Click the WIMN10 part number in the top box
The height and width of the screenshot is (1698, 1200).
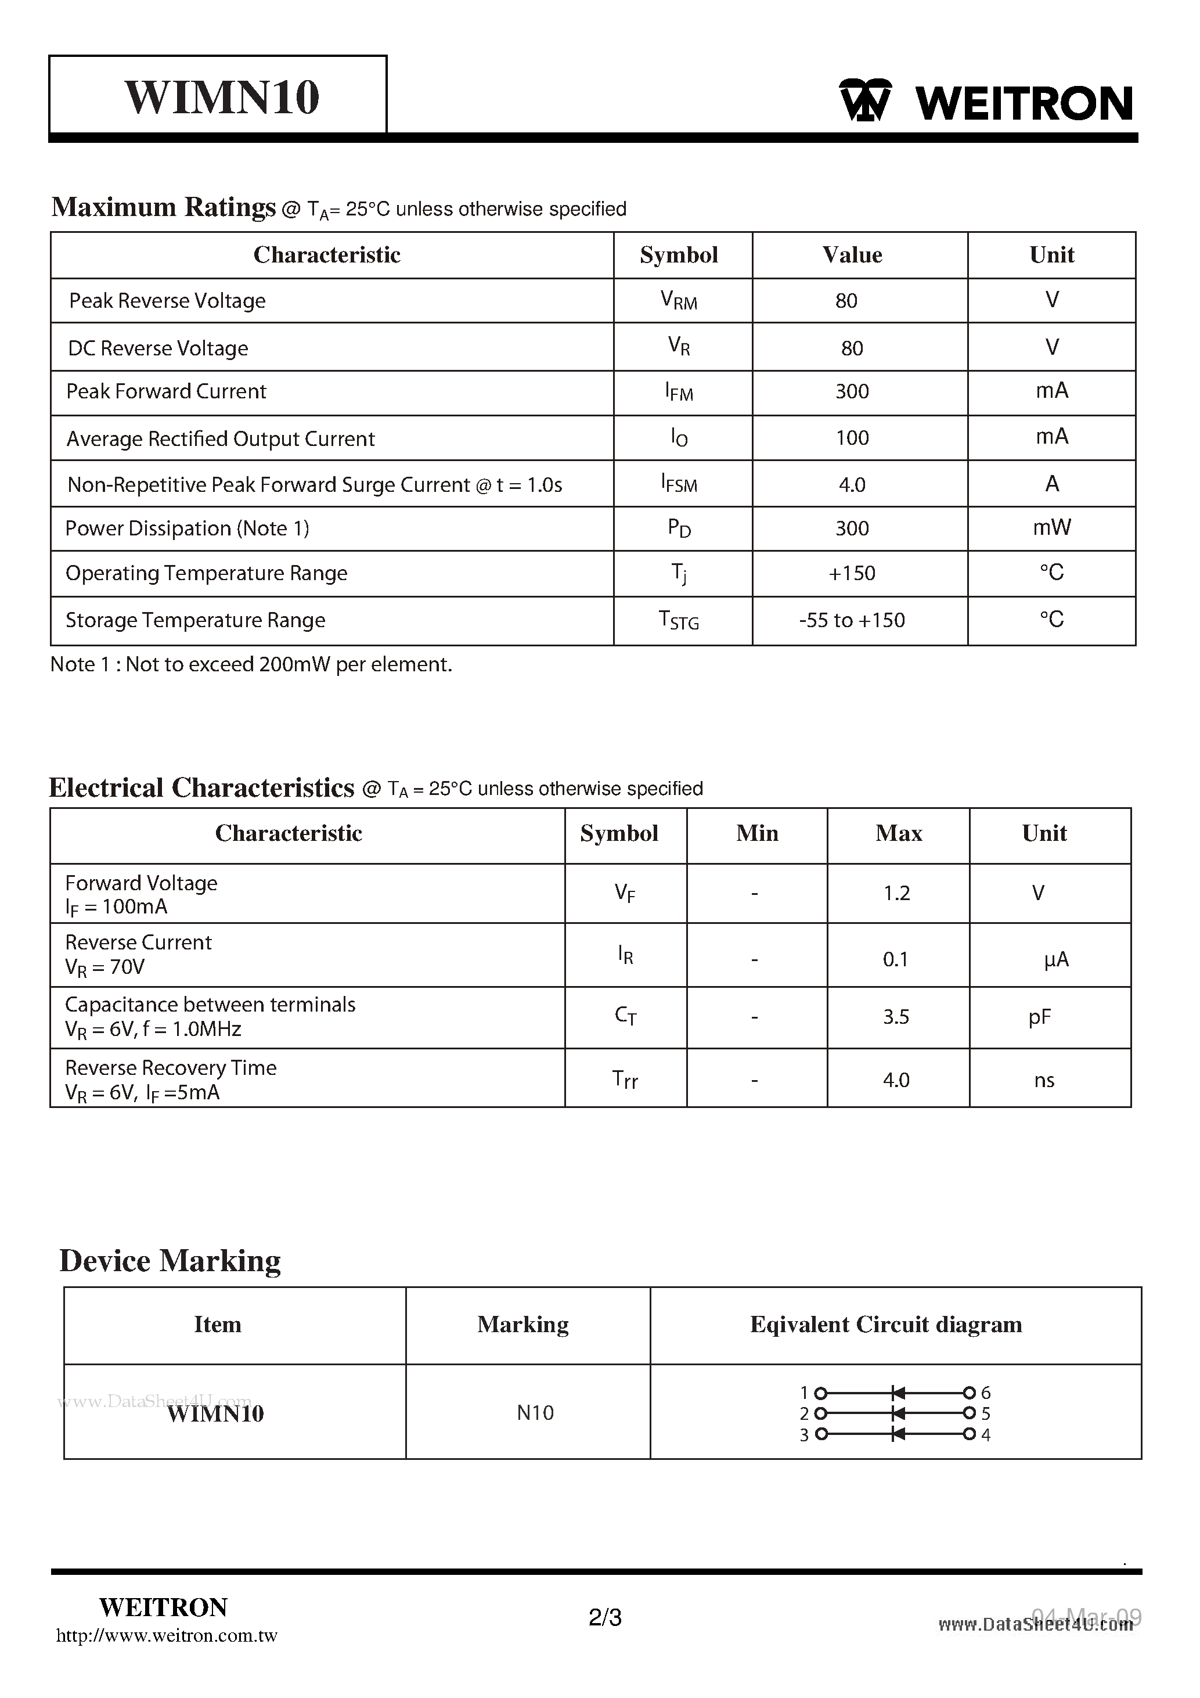tap(222, 97)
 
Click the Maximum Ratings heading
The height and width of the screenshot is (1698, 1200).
tap(163, 207)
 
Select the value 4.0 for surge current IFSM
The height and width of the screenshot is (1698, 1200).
tap(852, 485)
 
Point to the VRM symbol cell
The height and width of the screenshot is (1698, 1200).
tap(679, 301)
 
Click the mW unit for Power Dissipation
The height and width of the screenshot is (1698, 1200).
tap(1051, 527)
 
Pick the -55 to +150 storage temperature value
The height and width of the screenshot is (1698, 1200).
tap(852, 620)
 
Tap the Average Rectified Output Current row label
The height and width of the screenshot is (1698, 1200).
tap(221, 439)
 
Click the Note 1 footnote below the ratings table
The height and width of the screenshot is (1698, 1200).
tap(251, 664)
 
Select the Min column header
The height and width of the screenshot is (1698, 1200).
tap(757, 833)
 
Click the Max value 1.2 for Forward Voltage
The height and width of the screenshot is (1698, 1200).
tap(896, 893)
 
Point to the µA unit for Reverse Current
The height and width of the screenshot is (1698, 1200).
tap(1056, 960)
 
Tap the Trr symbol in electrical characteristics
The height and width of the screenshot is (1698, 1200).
tap(625, 1080)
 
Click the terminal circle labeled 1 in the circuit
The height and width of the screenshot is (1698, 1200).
tap(820, 1393)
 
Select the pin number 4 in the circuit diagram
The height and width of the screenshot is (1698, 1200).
tap(986, 1435)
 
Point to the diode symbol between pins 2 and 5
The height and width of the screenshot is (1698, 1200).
tap(898, 1414)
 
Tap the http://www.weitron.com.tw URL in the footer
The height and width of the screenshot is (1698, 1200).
tap(167, 1636)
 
